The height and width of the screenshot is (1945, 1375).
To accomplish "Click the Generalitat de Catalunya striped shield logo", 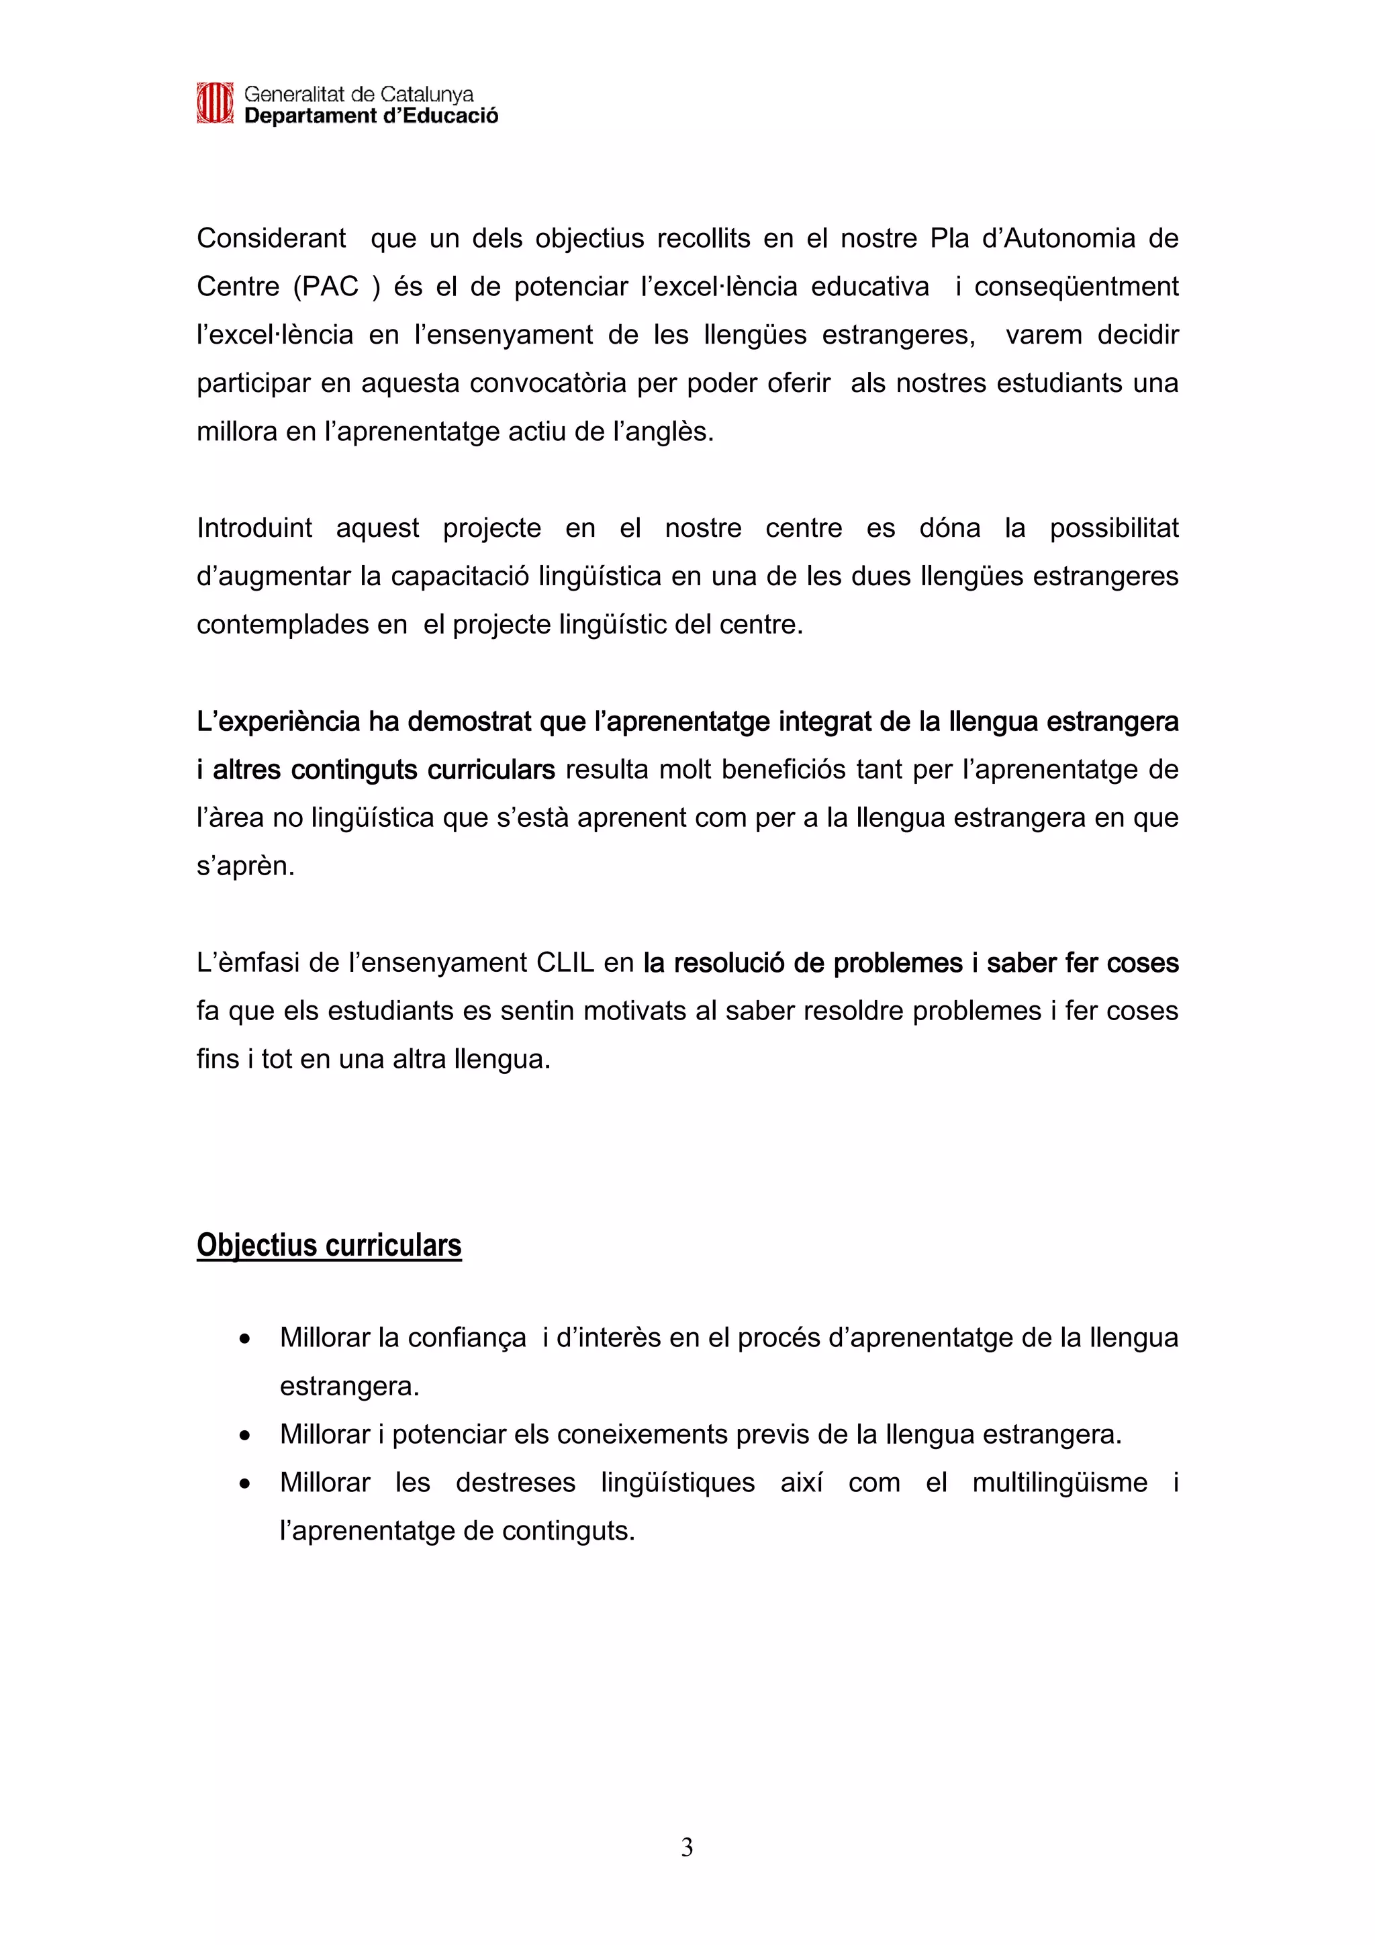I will click(214, 103).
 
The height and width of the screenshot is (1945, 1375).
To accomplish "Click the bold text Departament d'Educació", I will click(371, 116).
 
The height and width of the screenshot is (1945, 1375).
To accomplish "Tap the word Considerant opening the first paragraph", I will click(271, 239).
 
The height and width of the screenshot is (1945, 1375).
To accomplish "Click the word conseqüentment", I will click(1076, 287).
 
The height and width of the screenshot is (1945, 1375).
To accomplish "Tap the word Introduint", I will click(254, 529).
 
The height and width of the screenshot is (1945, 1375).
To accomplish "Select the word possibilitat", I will click(1114, 529).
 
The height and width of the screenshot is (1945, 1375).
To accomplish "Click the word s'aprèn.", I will click(246, 866).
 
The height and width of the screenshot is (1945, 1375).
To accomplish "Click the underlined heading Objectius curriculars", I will click(329, 1245).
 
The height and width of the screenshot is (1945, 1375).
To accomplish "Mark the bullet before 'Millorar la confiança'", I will click(245, 1340).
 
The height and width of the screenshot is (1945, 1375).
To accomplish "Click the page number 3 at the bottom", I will click(687, 1848).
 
